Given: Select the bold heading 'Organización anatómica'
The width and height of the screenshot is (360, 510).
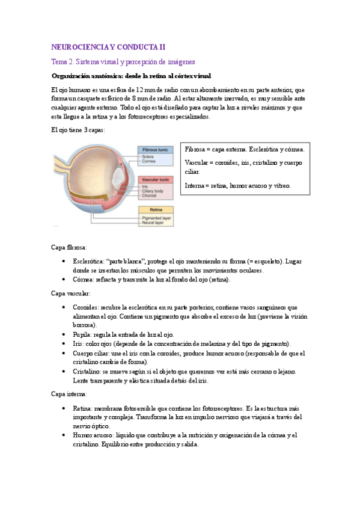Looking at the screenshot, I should pyautogui.click(x=132, y=76).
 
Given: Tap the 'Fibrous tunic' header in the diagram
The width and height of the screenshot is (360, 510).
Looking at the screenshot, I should pyautogui.click(x=156, y=149).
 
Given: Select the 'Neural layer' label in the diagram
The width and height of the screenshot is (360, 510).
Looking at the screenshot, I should pyautogui.click(x=153, y=222).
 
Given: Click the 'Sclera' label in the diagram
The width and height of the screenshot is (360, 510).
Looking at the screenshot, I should pyautogui.click(x=148, y=156).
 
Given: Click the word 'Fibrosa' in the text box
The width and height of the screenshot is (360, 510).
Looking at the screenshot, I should pyautogui.click(x=196, y=149).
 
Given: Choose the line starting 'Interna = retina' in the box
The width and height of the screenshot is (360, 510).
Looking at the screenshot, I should pyautogui.click(x=237, y=186).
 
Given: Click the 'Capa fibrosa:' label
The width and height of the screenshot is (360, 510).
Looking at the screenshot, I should pyautogui.click(x=70, y=247).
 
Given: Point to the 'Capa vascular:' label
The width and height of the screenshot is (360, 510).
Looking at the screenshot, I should pyautogui.click(x=71, y=293).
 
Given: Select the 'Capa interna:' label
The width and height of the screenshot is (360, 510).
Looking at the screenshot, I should pyautogui.click(x=70, y=394).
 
